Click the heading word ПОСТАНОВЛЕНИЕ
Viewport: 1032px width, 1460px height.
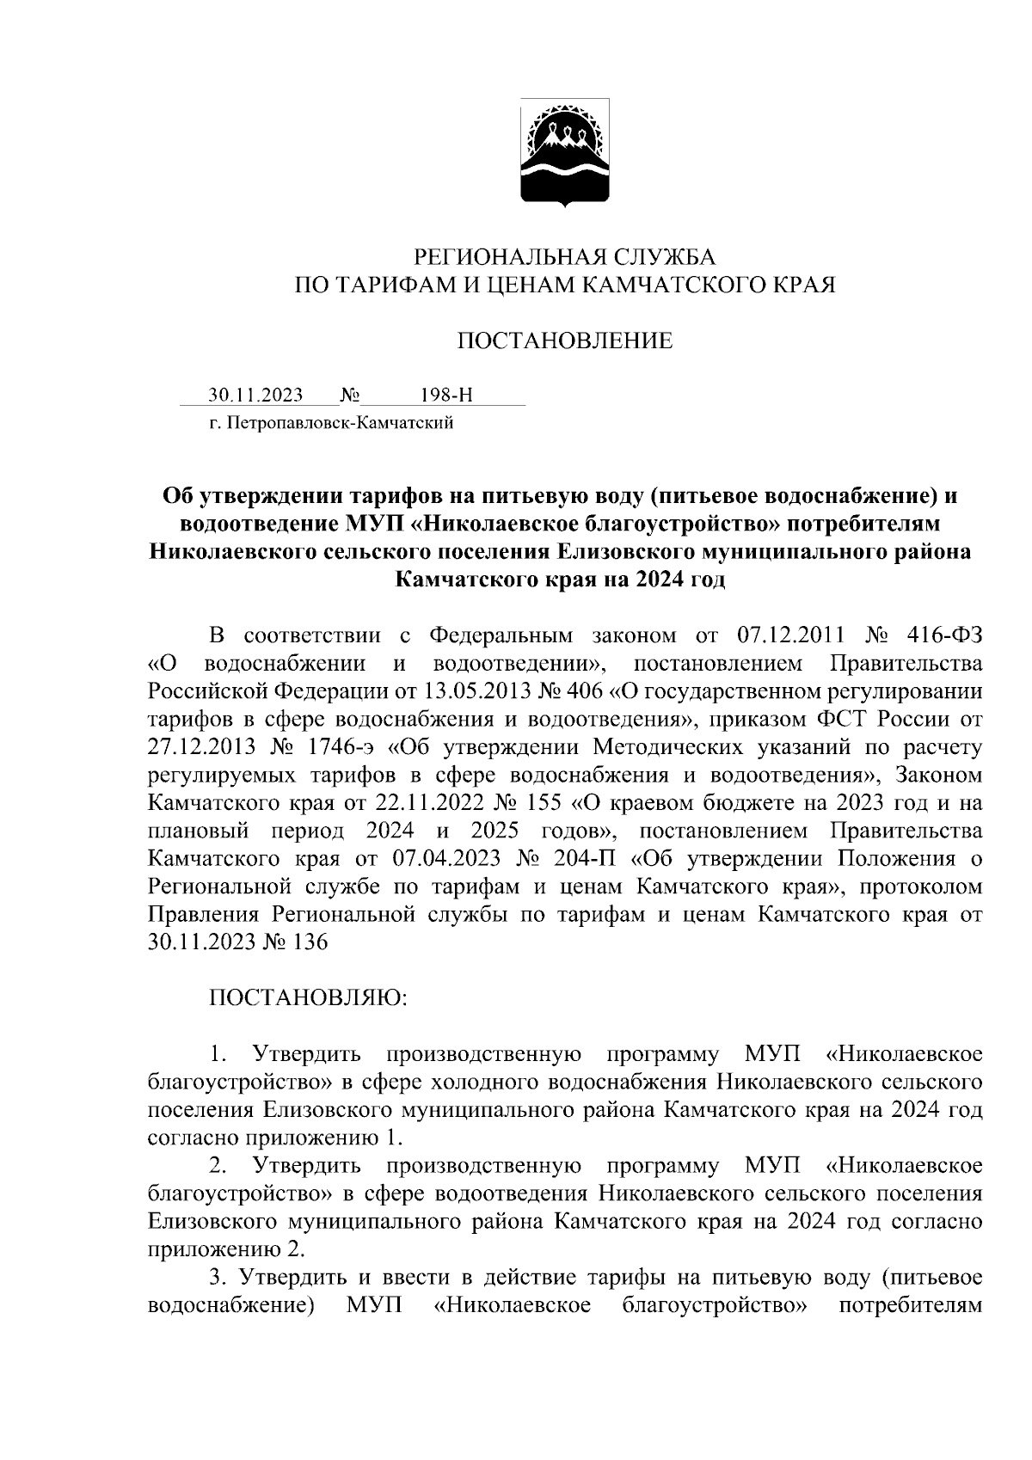(564, 341)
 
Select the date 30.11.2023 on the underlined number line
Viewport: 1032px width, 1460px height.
(255, 396)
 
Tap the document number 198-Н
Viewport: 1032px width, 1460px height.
(446, 396)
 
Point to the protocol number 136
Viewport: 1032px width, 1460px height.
(310, 942)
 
